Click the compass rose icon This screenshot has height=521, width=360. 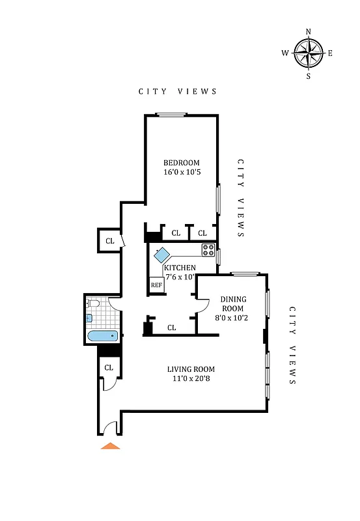pos(309,53)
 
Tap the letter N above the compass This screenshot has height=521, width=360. pos(309,31)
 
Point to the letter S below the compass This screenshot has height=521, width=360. pos(309,76)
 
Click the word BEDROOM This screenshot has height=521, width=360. pos(182,163)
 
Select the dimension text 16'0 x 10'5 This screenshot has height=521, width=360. pos(182,173)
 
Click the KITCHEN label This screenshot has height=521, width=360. pos(180,268)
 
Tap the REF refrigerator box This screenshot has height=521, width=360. pos(156,285)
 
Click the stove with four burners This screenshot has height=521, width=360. pos(208,248)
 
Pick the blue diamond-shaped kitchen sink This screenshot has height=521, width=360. pos(161,255)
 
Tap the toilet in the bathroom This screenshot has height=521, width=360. pos(92,303)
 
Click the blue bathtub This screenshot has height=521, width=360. pos(102,336)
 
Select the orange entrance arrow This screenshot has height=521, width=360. pos(111,446)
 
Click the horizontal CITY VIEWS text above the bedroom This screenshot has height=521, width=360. pos(178,92)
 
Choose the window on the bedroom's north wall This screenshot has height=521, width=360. pos(172,115)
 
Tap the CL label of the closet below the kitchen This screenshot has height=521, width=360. pos(171,328)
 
